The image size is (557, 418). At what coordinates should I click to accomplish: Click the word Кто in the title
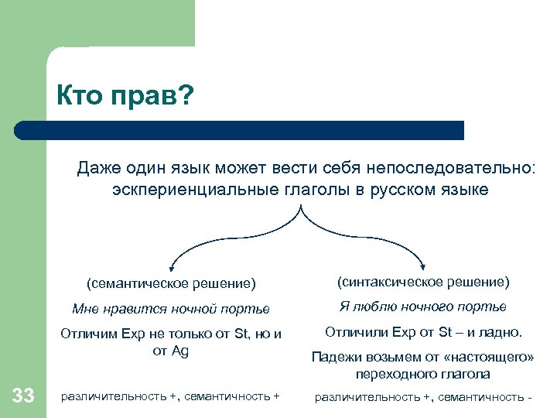[x=80, y=98]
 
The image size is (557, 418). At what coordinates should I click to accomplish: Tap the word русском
[x=407, y=190]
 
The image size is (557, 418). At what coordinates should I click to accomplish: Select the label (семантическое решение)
[x=171, y=283]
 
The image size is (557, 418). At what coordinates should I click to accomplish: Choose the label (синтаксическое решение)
[x=423, y=281]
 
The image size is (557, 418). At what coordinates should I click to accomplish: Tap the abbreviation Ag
[x=179, y=351]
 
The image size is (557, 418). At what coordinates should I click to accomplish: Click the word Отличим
[x=91, y=334]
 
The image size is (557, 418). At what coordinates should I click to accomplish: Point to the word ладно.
[x=505, y=333]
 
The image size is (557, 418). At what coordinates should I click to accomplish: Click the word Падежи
[x=332, y=357]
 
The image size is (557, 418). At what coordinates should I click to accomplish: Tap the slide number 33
[x=23, y=396]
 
